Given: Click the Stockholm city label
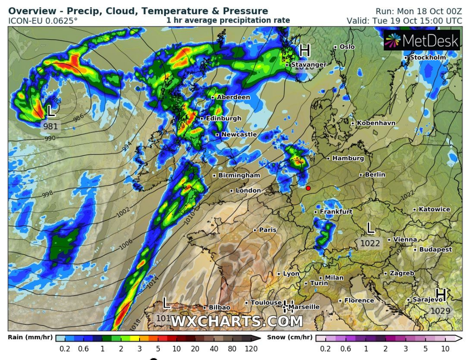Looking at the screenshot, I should pyautogui.click(x=428, y=58).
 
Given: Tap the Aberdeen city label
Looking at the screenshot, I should pyautogui.click(x=233, y=97).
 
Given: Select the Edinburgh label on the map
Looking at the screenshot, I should pyautogui.click(x=223, y=118).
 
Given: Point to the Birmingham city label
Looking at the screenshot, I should pyautogui.click(x=239, y=176).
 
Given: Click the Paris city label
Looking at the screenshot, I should pyautogui.click(x=267, y=230).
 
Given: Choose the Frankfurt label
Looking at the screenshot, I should pyautogui.click(x=336, y=212).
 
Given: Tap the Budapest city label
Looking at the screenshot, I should pyautogui.click(x=435, y=250).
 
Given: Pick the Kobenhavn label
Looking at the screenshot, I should pyautogui.click(x=376, y=123).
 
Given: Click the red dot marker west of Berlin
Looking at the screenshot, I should pyautogui.click(x=308, y=188).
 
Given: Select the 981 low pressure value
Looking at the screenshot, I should pyautogui.click(x=50, y=126).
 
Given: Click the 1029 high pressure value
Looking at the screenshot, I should pyautogui.click(x=440, y=311).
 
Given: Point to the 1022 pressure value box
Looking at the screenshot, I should pyautogui.click(x=370, y=243).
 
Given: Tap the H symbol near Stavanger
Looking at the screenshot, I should pyautogui.click(x=305, y=50).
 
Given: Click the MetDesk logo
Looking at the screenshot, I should pyautogui.click(x=421, y=41).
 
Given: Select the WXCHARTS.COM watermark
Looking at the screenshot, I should pyautogui.click(x=237, y=321).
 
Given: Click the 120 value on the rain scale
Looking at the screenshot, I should pyautogui.click(x=251, y=349).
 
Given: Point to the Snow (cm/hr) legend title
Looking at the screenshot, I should pyautogui.click(x=289, y=338).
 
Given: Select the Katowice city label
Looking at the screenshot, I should pyautogui.click(x=434, y=209).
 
